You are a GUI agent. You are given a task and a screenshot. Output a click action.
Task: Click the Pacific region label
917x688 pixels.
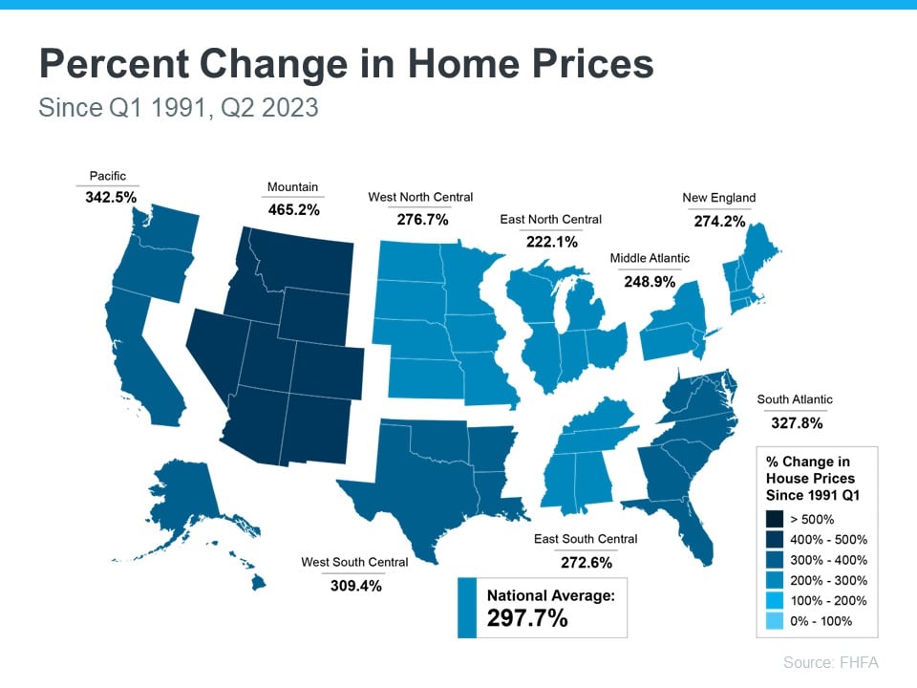(x=108, y=176)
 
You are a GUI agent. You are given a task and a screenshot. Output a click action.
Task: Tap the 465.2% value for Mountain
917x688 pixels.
(x=293, y=208)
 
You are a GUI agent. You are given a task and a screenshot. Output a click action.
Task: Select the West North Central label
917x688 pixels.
(x=420, y=197)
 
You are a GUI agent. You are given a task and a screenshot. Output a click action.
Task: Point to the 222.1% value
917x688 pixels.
(x=551, y=242)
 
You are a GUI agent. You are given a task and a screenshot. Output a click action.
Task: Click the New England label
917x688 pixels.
(x=718, y=198)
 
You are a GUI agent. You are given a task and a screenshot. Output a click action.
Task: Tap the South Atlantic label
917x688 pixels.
(x=795, y=399)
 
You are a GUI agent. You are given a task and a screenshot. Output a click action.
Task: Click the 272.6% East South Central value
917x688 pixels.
(x=586, y=562)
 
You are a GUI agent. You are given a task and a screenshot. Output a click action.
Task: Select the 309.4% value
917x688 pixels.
(x=354, y=585)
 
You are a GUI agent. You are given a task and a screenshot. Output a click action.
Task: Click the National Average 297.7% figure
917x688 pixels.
(x=527, y=618)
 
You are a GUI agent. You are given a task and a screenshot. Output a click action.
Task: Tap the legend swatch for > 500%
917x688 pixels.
(x=776, y=520)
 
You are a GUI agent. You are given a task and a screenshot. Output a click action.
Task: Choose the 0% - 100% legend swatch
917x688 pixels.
(x=776, y=621)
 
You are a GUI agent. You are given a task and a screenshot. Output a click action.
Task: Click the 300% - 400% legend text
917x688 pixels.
(x=830, y=560)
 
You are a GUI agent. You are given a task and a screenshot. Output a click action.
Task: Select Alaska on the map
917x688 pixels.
(x=186, y=497)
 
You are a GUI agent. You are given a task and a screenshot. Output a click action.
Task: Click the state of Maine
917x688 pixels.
(x=760, y=258)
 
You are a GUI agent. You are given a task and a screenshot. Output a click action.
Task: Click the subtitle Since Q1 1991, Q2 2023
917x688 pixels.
(x=179, y=107)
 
